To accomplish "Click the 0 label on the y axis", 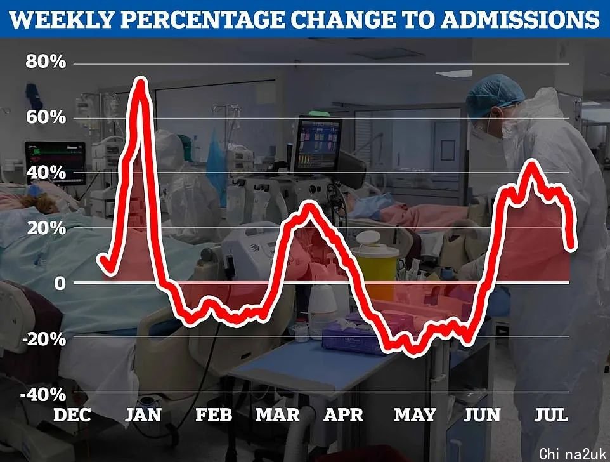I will (x=60, y=284).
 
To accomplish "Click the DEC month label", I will (x=72, y=416).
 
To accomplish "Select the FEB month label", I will (x=213, y=416).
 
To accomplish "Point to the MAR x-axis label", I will (x=277, y=416).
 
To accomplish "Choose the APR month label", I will (x=344, y=416).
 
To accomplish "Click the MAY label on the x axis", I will (x=415, y=416).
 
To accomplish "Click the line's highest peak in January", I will (x=141, y=81).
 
